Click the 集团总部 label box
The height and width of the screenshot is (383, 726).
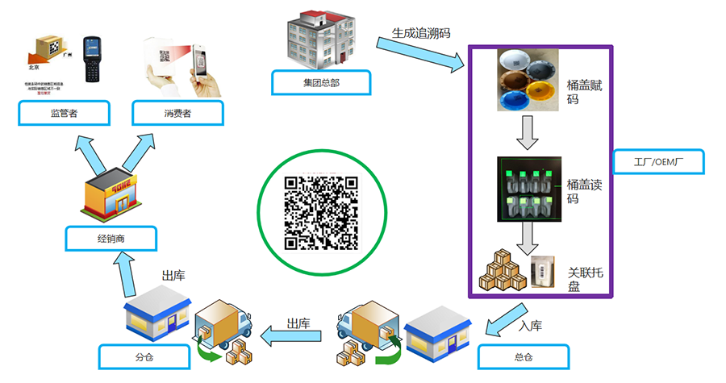pos(321,83)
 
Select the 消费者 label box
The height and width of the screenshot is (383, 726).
pos(177,112)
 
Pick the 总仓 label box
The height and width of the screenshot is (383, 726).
pos(523,356)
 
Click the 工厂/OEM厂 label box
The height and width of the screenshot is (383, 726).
pos(658,162)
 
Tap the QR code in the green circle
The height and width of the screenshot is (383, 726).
pos(320,212)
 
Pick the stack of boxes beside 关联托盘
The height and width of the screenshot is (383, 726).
pos(503,271)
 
